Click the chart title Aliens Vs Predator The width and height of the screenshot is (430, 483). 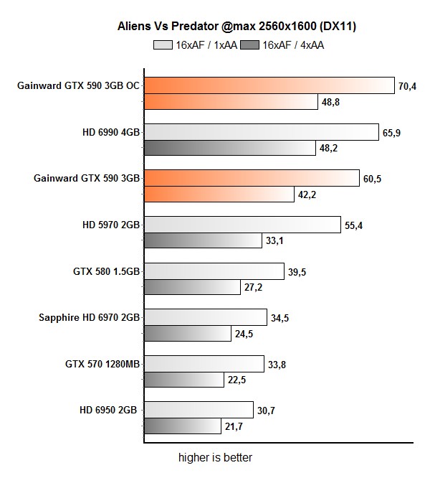tap(237, 27)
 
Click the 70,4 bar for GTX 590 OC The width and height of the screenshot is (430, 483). tap(269, 85)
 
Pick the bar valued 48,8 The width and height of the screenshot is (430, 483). tap(231, 102)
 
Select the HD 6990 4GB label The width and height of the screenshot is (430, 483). tap(110, 132)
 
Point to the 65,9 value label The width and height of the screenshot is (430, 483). tap(391, 133)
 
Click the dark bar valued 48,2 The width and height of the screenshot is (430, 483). tap(229, 149)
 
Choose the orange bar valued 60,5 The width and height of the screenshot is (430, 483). tap(252, 178)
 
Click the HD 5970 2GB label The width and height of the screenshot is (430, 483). tap(110, 225)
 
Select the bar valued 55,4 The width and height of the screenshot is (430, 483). tap(242, 225)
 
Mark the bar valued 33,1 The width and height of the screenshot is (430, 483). tap(203, 241)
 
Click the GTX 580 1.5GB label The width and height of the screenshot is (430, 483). tap(106, 271)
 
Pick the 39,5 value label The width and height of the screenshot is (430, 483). tap(296, 271)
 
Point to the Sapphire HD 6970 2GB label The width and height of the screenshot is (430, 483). tap(89, 317)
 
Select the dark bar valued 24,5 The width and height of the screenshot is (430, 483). tap(188, 334)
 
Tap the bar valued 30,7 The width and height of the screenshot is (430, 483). tap(198, 410)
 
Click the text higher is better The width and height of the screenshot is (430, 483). tap(215, 457)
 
